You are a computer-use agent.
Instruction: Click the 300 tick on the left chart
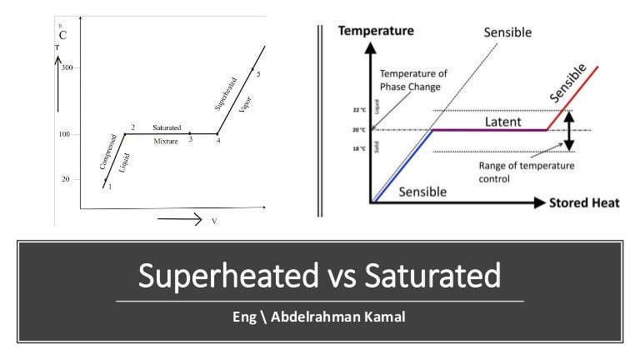coord(67,67)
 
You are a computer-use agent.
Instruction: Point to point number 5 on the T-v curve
coord(258,75)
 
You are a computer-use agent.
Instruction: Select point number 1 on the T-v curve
coord(110,187)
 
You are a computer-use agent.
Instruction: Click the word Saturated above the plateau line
coord(167,127)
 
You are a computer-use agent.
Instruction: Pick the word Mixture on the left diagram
coord(166,142)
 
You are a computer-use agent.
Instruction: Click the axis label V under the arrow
coord(214,221)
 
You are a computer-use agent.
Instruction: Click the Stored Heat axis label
coord(583,203)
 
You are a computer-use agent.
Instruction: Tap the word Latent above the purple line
coord(502,122)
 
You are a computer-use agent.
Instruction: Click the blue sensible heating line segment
coord(402,166)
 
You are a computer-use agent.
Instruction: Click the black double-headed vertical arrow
coord(569,131)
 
